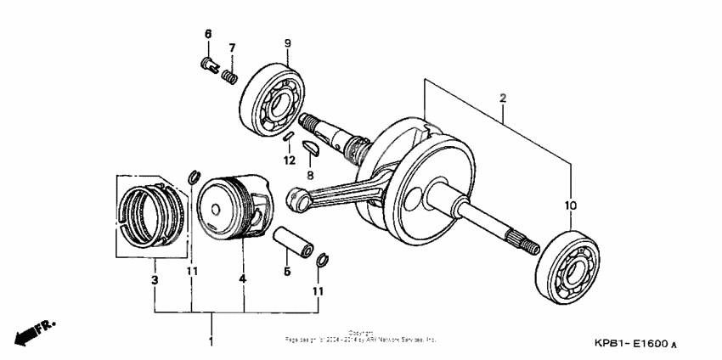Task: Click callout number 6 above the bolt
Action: (x=206, y=33)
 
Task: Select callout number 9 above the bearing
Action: (x=287, y=42)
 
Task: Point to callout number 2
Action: (x=503, y=99)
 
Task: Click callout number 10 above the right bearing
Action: (x=570, y=205)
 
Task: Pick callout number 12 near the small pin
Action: (x=290, y=160)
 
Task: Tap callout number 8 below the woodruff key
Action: (x=311, y=175)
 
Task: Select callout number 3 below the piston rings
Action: (x=155, y=279)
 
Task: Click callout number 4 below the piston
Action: (x=242, y=279)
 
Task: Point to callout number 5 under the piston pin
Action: (x=287, y=271)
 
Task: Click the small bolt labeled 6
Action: (x=207, y=65)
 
